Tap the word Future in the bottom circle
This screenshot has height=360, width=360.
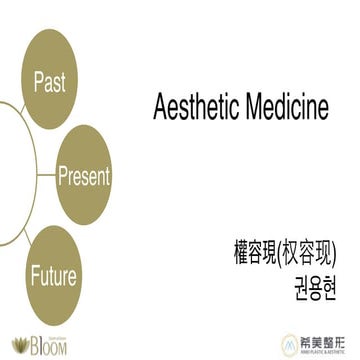click(52, 276)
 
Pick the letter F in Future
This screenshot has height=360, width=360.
click(33, 276)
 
